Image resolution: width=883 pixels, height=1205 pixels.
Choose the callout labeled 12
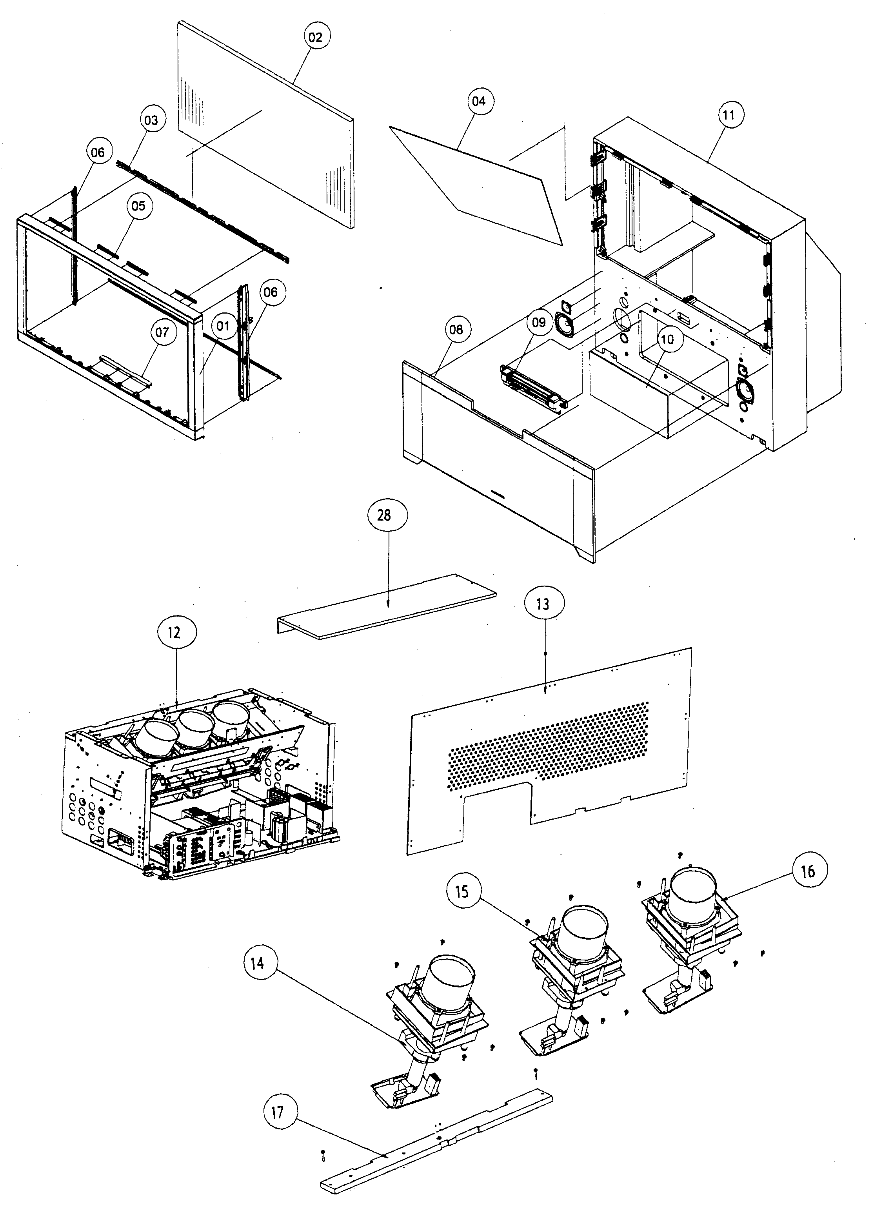[x=176, y=633]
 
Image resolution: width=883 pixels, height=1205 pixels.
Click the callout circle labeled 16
[x=808, y=871]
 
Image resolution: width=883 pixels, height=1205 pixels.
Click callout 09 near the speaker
[x=539, y=322]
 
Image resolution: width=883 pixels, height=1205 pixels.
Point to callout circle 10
[x=668, y=339]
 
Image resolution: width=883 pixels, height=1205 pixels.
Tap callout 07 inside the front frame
[x=162, y=332]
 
